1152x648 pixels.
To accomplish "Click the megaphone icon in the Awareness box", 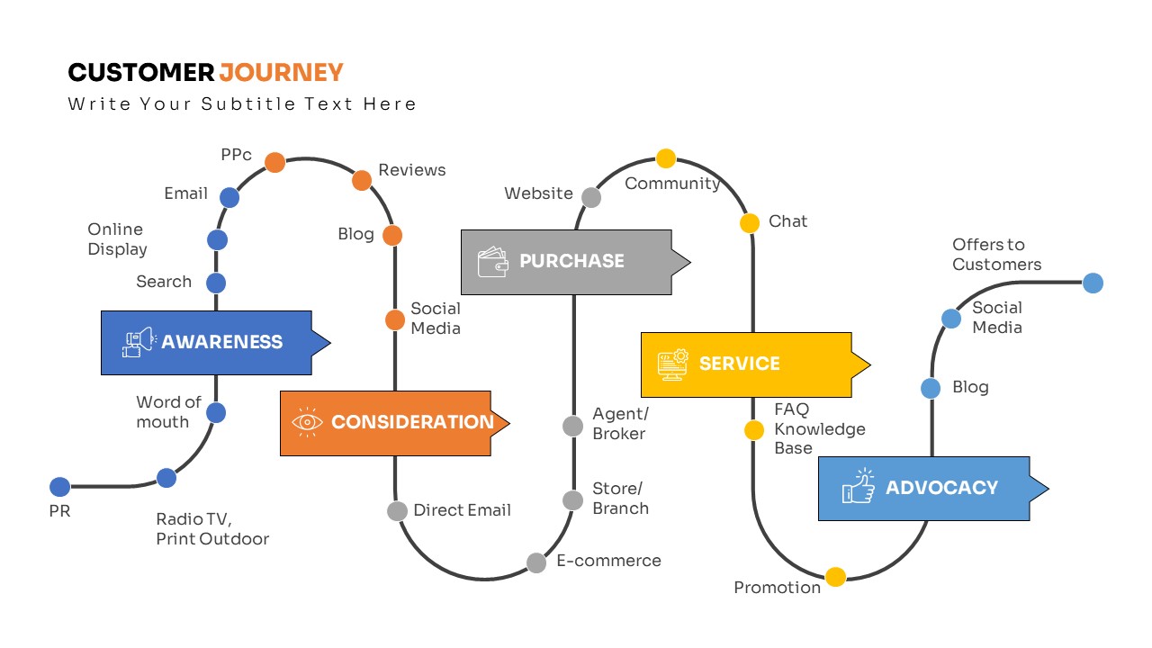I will coord(139,342).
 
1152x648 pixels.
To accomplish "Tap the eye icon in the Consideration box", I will coord(307,422).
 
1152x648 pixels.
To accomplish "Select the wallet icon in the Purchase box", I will coord(493,262).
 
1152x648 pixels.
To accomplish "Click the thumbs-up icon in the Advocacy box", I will coord(859,487).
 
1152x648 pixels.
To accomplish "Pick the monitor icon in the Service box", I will coord(672,364).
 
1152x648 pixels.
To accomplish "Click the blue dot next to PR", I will coord(59,487).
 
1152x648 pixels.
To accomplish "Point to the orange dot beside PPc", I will coord(275,162).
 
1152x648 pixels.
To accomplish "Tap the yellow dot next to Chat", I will coord(750,223).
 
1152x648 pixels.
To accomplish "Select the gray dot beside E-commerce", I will coord(536,562).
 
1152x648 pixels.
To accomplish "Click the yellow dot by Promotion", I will coord(836,577).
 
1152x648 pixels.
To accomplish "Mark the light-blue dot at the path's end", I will coord(1093,283).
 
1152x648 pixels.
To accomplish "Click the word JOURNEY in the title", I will coord(282,73).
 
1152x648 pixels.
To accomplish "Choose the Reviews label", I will coord(412,170).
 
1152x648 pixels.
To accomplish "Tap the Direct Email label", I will coord(462,510).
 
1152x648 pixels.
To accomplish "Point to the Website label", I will coord(538,193).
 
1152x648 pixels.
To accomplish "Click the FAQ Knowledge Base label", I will coord(819,428).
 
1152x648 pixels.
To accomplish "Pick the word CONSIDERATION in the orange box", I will coord(412,422).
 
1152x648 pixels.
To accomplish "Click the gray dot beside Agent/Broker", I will coord(573,426).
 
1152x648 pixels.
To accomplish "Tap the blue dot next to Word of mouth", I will coord(216,413).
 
